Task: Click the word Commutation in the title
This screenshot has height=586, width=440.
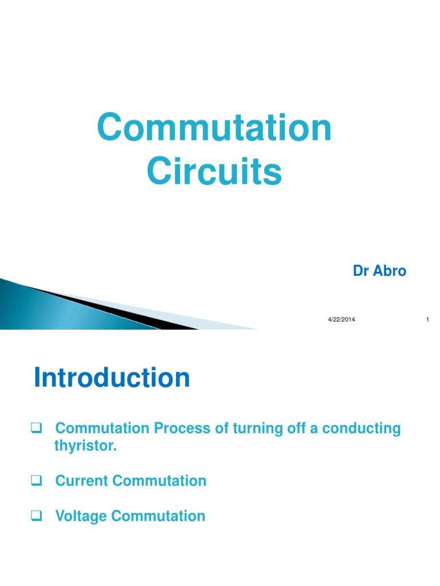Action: [214, 128]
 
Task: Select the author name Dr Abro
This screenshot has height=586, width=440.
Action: [379, 271]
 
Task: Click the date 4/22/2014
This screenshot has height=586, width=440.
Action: [341, 319]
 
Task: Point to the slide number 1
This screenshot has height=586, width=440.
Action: [427, 319]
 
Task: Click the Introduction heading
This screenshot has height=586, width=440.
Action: [112, 378]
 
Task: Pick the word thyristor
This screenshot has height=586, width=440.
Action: [85, 446]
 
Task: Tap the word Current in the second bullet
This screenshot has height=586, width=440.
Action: [82, 481]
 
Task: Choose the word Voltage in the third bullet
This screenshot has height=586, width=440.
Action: [81, 516]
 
